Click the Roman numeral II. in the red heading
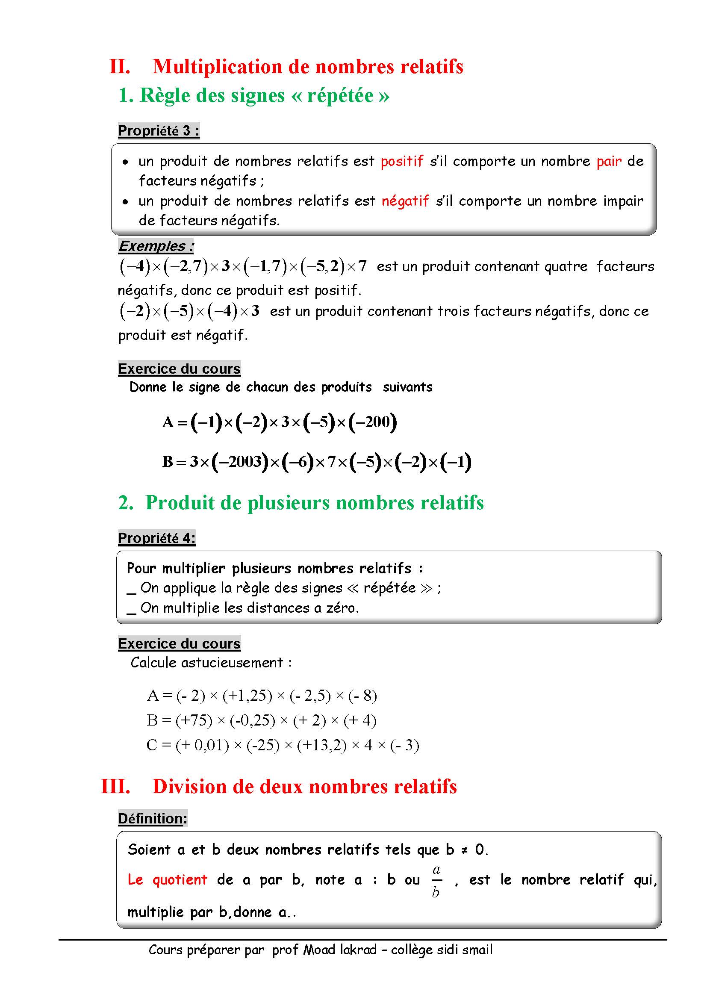120,67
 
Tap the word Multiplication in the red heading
217,67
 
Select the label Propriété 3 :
159,130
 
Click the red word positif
402,161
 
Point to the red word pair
609,162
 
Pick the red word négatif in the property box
405,201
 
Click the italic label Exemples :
156,246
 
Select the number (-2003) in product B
240,462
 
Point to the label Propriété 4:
157,538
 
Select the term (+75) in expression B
194,720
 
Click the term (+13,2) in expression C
321,745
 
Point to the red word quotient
180,879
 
